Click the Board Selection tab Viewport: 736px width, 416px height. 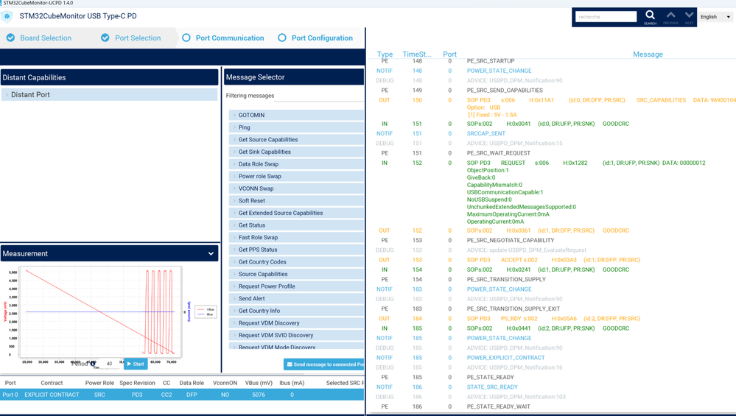45,38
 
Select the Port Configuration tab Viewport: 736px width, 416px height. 321,38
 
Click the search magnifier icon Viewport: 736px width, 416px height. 650,15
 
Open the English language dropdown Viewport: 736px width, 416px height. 715,17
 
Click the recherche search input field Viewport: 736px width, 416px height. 606,17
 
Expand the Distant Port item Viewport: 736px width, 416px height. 30,95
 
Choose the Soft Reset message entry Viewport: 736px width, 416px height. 252,201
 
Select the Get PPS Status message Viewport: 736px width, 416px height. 258,250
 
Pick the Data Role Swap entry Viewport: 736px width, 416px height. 259,164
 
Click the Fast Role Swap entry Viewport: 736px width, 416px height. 259,238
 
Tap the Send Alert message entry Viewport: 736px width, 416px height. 252,299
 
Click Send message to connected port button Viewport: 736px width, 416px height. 324,364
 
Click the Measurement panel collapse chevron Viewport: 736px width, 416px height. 211,254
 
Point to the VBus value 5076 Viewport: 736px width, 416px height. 258,395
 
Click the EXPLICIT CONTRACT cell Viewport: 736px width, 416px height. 52,395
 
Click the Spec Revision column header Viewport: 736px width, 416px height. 137,383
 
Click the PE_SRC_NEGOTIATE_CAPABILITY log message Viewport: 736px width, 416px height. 510,241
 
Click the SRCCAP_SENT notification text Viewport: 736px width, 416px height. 486,134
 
